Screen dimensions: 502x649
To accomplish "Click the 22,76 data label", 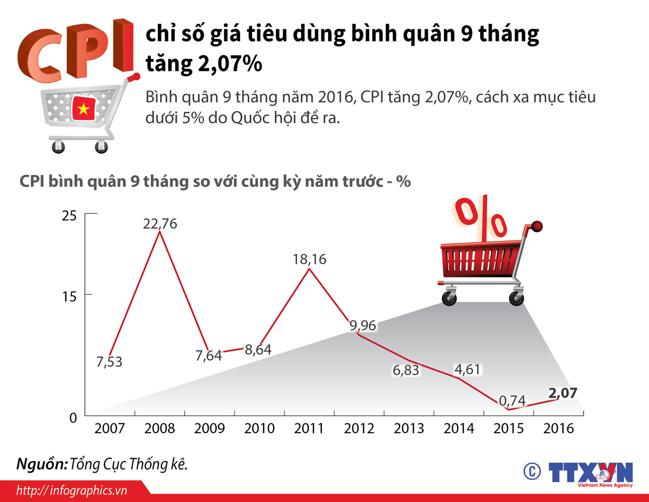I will (160, 223).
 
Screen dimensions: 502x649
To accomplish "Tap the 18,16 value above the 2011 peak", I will (309, 259).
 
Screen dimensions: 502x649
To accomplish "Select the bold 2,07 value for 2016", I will (563, 393).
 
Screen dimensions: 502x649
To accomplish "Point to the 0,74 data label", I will (512, 401).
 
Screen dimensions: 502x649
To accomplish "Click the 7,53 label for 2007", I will (109, 362).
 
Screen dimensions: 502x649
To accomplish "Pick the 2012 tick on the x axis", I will (359, 428).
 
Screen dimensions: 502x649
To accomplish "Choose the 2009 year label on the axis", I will (209, 428).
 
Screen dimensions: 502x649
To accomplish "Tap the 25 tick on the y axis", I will (69, 216).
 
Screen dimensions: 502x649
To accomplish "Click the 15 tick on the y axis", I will (69, 296).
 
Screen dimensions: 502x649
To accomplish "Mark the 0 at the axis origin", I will (73, 418).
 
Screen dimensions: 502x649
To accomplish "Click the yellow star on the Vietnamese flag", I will (83, 108).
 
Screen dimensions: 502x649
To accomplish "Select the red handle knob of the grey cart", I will (134, 77).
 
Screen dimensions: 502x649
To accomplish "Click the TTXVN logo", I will (590, 473).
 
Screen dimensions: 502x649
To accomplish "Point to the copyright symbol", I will (532, 471).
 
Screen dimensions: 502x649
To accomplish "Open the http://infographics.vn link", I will (72, 491).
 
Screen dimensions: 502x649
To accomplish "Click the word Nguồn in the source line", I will (41, 464).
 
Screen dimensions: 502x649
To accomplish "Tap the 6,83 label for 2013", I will (405, 370).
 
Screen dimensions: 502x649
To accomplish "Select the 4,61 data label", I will (467, 369).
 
